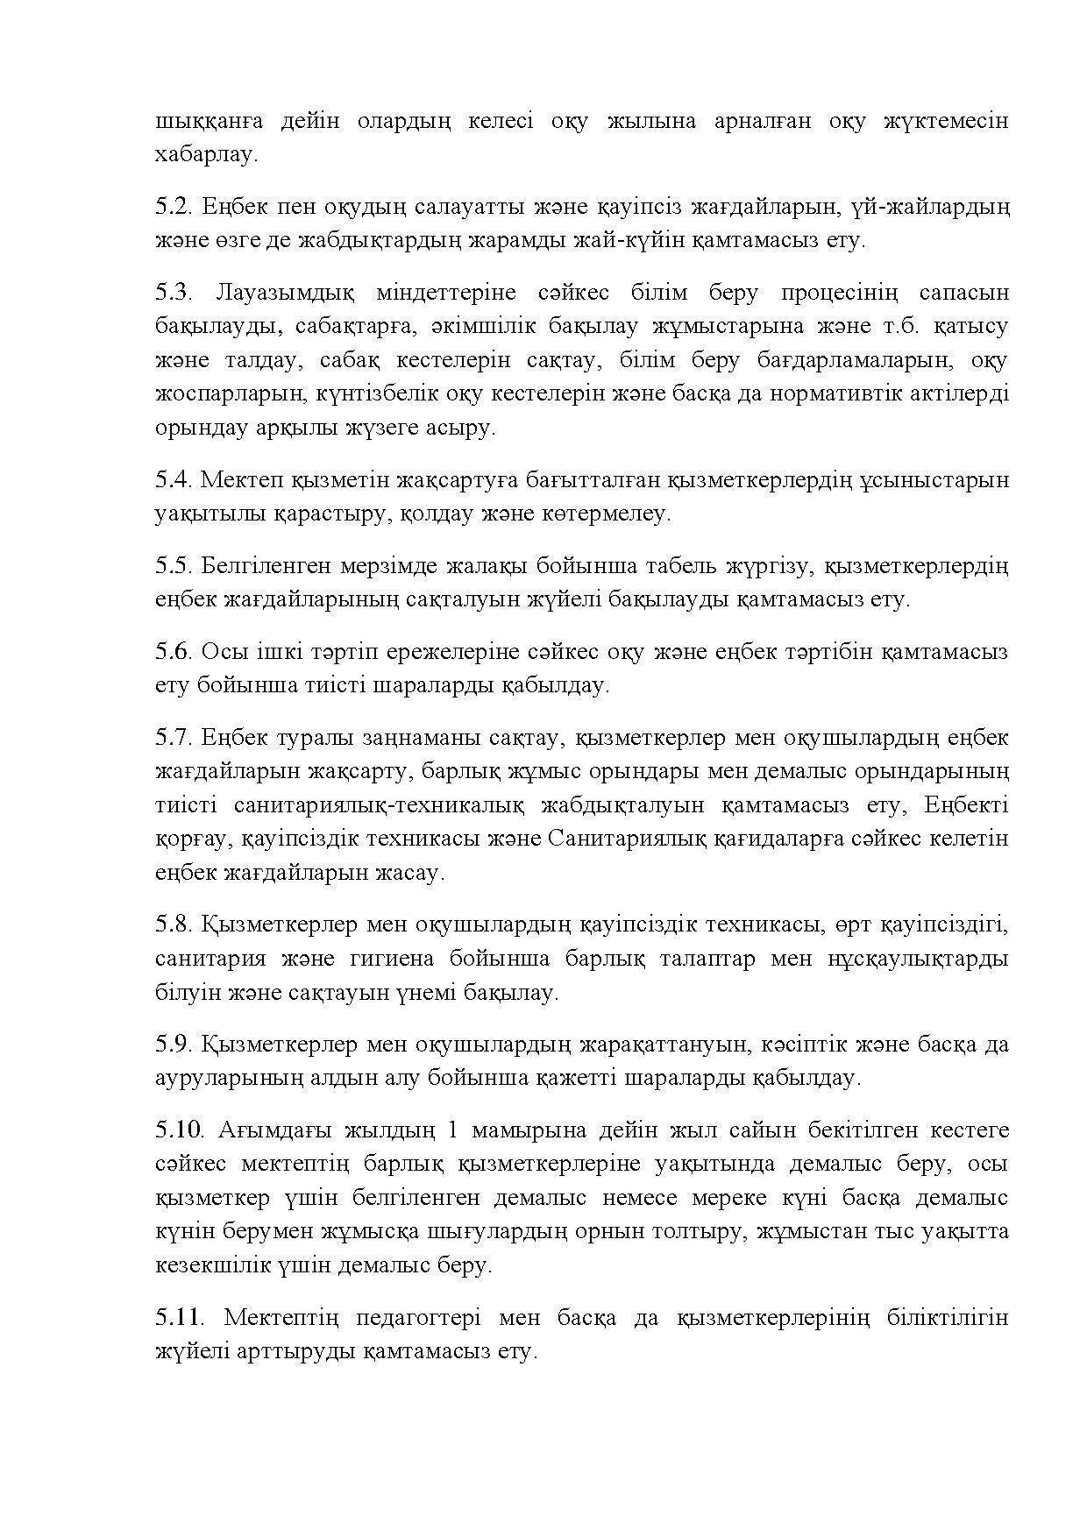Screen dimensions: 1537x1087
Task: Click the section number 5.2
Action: point(174,207)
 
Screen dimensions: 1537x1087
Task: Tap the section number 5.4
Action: point(174,480)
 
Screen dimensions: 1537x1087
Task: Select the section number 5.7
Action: point(174,738)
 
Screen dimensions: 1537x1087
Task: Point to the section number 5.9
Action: point(174,1045)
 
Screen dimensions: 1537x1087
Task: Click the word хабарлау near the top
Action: point(206,155)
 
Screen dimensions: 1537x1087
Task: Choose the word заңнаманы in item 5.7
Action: point(414,738)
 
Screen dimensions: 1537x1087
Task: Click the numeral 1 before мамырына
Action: point(452,1130)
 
